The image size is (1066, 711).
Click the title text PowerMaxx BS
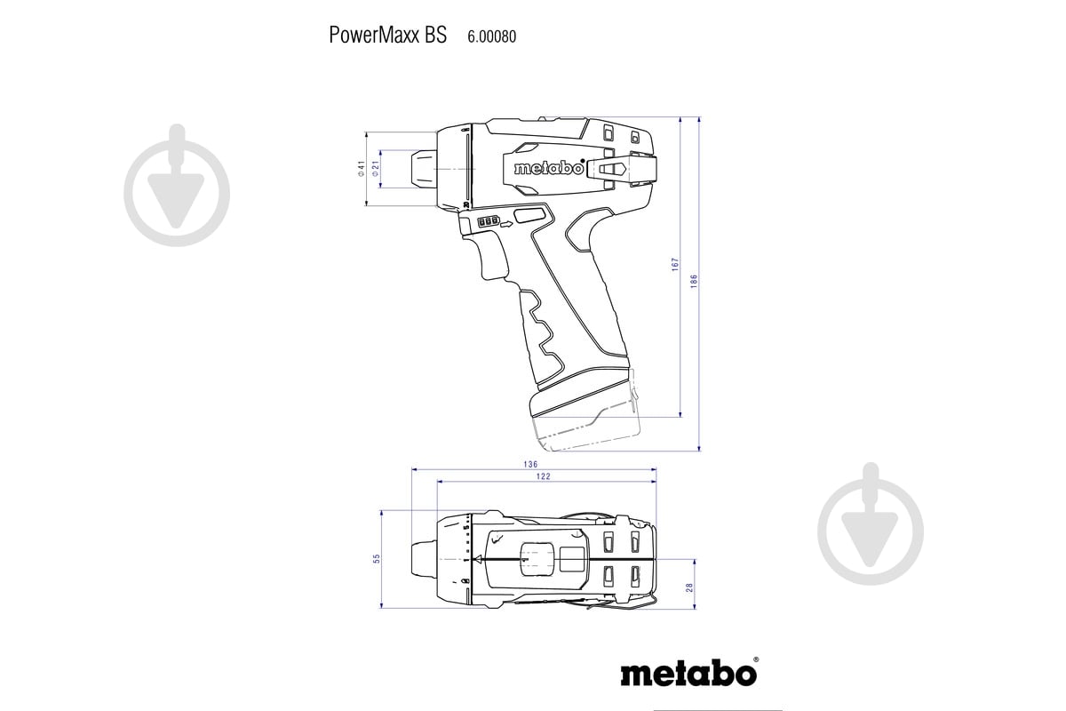click(x=387, y=36)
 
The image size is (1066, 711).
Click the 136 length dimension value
click(x=531, y=464)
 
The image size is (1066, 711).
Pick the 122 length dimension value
click(x=544, y=477)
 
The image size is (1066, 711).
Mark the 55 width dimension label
click(x=377, y=558)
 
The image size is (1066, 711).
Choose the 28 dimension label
click(x=688, y=587)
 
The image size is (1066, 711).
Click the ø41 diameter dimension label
click(x=362, y=167)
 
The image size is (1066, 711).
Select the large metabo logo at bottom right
click(x=688, y=671)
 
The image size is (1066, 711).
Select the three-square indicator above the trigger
click(x=489, y=222)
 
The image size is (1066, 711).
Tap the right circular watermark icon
click(x=871, y=523)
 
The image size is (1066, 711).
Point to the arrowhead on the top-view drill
click(x=478, y=559)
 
